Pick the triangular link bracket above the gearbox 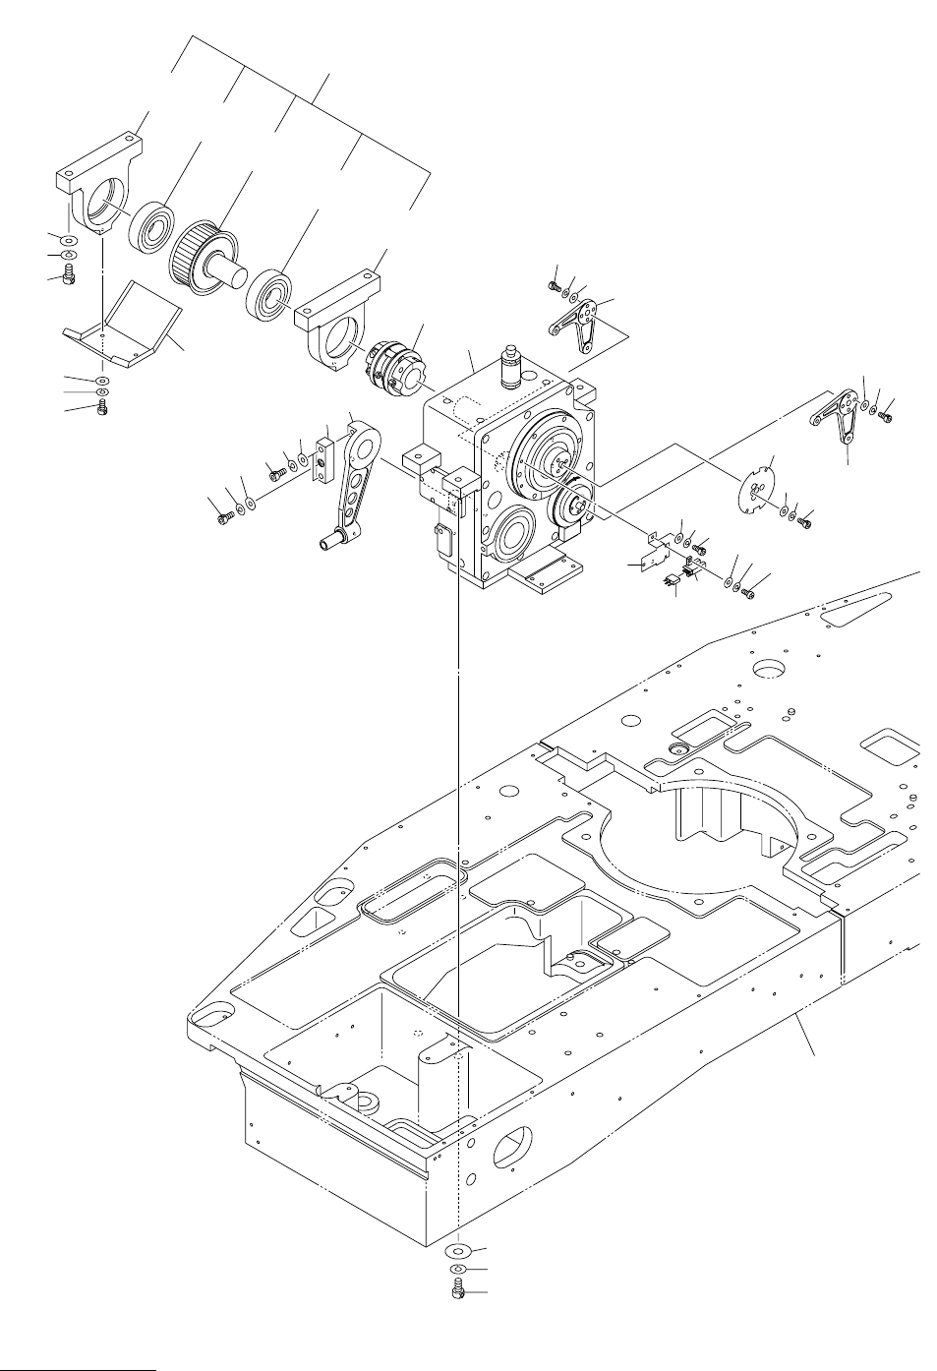[586, 324]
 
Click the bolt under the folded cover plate [100, 410]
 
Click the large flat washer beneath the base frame [458, 1252]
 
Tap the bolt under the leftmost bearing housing [68, 278]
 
